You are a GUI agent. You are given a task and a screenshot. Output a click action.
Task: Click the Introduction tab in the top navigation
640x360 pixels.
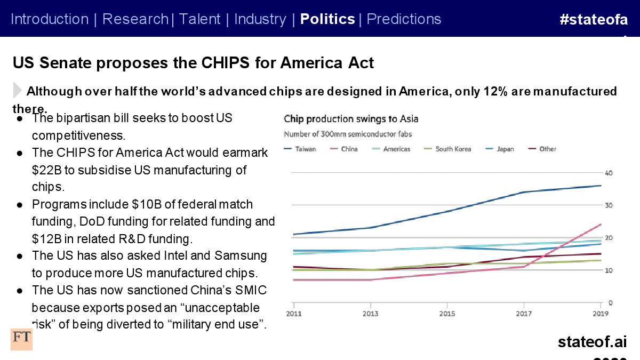(50, 19)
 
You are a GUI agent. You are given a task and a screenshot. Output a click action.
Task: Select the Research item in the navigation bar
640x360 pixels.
(135, 19)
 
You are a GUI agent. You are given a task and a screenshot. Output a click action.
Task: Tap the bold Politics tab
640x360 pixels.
(327, 19)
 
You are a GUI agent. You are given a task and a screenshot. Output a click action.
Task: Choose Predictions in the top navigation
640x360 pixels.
(404, 19)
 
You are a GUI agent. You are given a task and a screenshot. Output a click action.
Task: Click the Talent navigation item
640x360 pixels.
(199, 19)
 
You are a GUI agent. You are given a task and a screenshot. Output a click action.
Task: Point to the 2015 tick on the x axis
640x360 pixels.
(447, 314)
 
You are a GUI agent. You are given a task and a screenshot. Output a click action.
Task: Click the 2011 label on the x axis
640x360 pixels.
(294, 314)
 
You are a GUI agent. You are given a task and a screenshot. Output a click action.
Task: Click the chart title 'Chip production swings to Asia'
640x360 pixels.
(351, 118)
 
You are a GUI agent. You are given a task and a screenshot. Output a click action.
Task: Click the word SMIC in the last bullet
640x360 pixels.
(252, 291)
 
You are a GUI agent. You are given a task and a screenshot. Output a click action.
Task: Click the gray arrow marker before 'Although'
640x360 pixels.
(18, 91)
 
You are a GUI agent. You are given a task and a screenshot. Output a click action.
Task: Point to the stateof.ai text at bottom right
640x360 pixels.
(593, 342)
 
